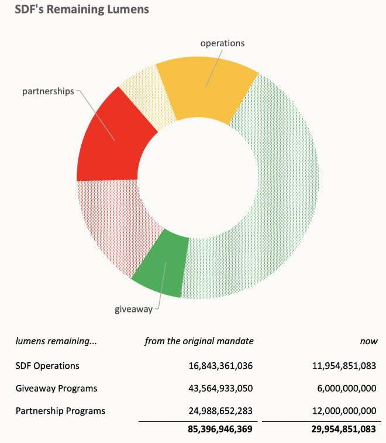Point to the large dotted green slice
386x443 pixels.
click(281, 193)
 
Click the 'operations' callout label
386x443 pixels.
click(222, 43)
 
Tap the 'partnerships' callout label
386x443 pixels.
click(48, 92)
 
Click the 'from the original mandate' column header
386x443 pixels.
click(199, 341)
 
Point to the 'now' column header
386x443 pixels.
click(370, 341)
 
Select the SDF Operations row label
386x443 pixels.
click(47, 366)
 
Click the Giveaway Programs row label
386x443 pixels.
click(56, 388)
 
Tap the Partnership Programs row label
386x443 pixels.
click(60, 411)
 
